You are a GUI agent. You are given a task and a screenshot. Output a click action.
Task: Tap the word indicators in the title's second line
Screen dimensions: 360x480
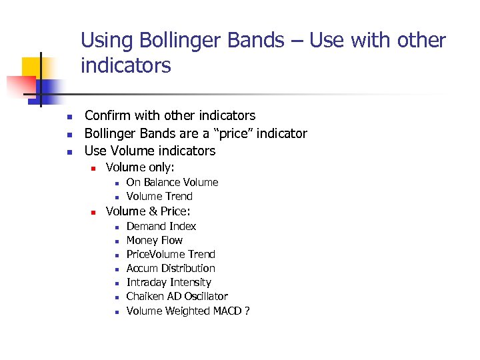coord(125,65)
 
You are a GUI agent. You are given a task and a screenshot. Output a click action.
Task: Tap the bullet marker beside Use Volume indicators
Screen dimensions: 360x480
coord(69,151)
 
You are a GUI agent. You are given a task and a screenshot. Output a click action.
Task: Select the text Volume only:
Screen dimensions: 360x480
coord(140,168)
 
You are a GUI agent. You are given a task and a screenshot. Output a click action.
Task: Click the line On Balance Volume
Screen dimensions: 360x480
coord(172,182)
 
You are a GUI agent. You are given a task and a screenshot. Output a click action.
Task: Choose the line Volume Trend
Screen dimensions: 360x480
coord(159,196)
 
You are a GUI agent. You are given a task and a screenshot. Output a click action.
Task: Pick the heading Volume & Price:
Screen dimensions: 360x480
coord(148,211)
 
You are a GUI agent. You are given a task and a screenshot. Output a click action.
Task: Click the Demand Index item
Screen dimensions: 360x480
coord(161,226)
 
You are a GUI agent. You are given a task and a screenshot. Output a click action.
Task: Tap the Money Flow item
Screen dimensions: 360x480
coord(154,240)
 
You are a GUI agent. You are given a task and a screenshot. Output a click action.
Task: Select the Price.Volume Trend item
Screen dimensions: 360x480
coord(171,254)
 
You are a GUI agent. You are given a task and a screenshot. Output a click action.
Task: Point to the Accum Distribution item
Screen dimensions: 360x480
coord(171,268)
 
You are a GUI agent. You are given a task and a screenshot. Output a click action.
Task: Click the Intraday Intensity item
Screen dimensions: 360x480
coord(169,282)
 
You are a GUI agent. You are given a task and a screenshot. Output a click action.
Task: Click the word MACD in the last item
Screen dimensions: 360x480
coord(227,310)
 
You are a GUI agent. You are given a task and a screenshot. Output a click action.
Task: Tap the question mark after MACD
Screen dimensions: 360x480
coord(247,310)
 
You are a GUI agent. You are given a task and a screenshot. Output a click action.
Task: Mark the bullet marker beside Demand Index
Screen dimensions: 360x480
coord(116,227)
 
